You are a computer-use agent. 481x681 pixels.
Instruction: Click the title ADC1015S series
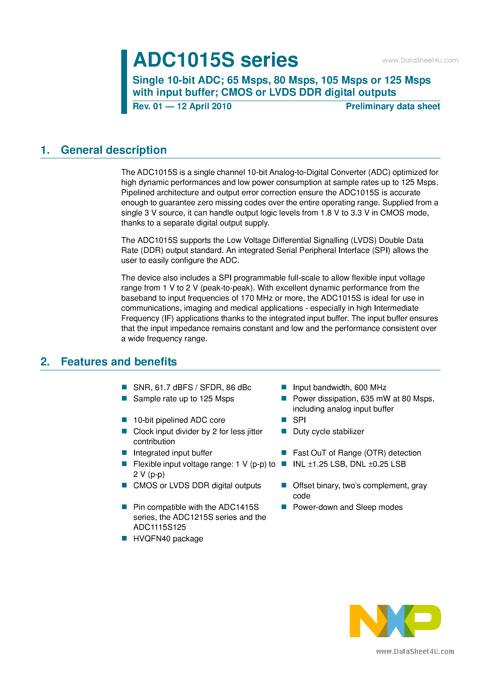coord(215,60)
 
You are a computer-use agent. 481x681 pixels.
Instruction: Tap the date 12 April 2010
coord(204,106)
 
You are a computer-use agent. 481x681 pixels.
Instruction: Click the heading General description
coord(114,150)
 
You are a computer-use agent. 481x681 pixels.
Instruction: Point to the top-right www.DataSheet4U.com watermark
coord(420,61)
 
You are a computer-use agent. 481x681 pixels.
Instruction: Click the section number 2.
coord(45,362)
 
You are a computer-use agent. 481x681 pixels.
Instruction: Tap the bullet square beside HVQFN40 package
coord(124,538)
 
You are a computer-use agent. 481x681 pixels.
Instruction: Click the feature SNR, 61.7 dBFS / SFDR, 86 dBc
coord(192,388)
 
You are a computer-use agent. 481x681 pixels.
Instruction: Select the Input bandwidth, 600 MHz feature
coord(339,388)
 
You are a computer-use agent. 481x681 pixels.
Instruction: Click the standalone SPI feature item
coord(299,420)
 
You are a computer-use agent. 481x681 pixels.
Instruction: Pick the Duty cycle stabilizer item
coord(328,432)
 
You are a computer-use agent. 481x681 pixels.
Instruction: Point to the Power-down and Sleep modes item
coord(348,507)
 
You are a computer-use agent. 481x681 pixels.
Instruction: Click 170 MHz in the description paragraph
coord(256,298)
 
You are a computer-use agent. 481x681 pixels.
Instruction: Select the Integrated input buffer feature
coord(172,453)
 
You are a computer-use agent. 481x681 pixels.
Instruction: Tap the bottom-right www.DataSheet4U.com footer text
coord(415,652)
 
